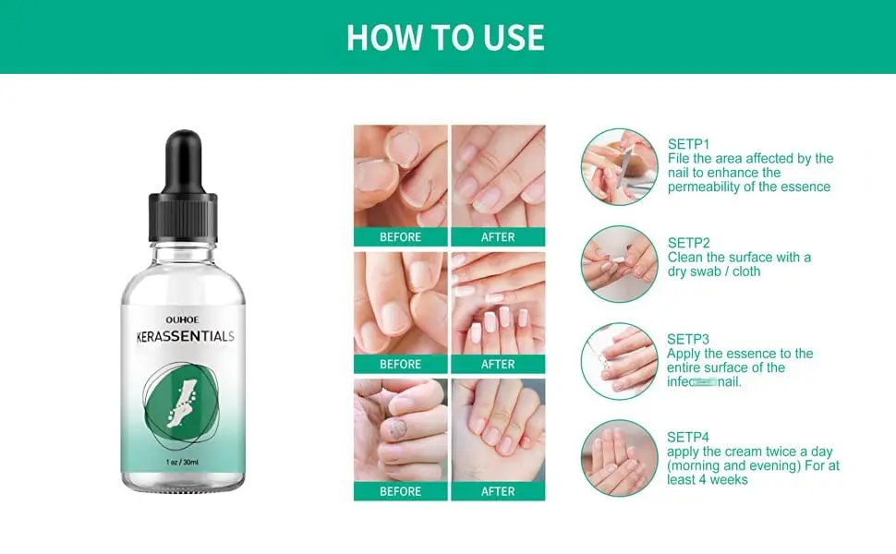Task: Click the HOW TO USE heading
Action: [x=445, y=37]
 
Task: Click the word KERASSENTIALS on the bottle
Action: [x=183, y=336]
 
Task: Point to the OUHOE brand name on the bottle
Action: [x=183, y=319]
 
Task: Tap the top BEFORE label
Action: [x=400, y=237]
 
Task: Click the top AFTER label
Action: [x=498, y=237]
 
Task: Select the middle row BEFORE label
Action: [x=400, y=365]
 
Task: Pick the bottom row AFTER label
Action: [x=498, y=492]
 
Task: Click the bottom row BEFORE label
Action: [x=400, y=492]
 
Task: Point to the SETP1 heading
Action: [x=688, y=144]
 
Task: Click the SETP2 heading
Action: [x=688, y=243]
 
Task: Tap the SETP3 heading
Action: [x=688, y=339]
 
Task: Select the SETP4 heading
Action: [x=688, y=437]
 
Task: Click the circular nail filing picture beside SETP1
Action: [x=619, y=166]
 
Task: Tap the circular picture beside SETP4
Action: [x=619, y=458]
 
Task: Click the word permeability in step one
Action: [x=708, y=187]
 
